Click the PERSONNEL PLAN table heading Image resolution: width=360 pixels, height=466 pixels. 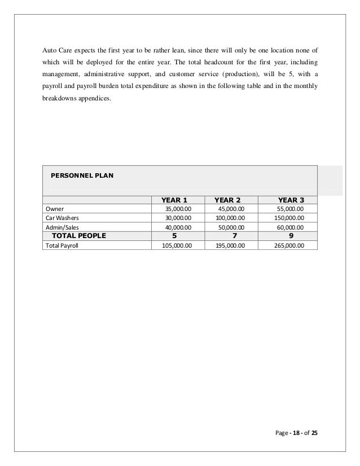[82, 175]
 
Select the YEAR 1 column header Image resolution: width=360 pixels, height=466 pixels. [174, 200]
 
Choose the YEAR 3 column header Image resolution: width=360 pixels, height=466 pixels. [291, 200]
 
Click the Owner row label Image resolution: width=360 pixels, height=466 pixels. [55, 209]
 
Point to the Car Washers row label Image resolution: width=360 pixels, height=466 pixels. [63, 218]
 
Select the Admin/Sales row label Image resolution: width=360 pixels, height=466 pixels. [63, 227]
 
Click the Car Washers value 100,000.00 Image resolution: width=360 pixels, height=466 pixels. [230, 218]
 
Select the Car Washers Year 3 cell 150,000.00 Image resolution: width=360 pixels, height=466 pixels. [288, 218]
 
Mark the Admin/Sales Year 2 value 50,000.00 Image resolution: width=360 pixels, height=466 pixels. [232, 227]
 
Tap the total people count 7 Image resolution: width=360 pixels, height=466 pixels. [234, 236]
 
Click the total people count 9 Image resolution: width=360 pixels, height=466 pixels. [292, 236]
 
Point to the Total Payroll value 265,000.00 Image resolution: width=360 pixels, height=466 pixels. [288, 245]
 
